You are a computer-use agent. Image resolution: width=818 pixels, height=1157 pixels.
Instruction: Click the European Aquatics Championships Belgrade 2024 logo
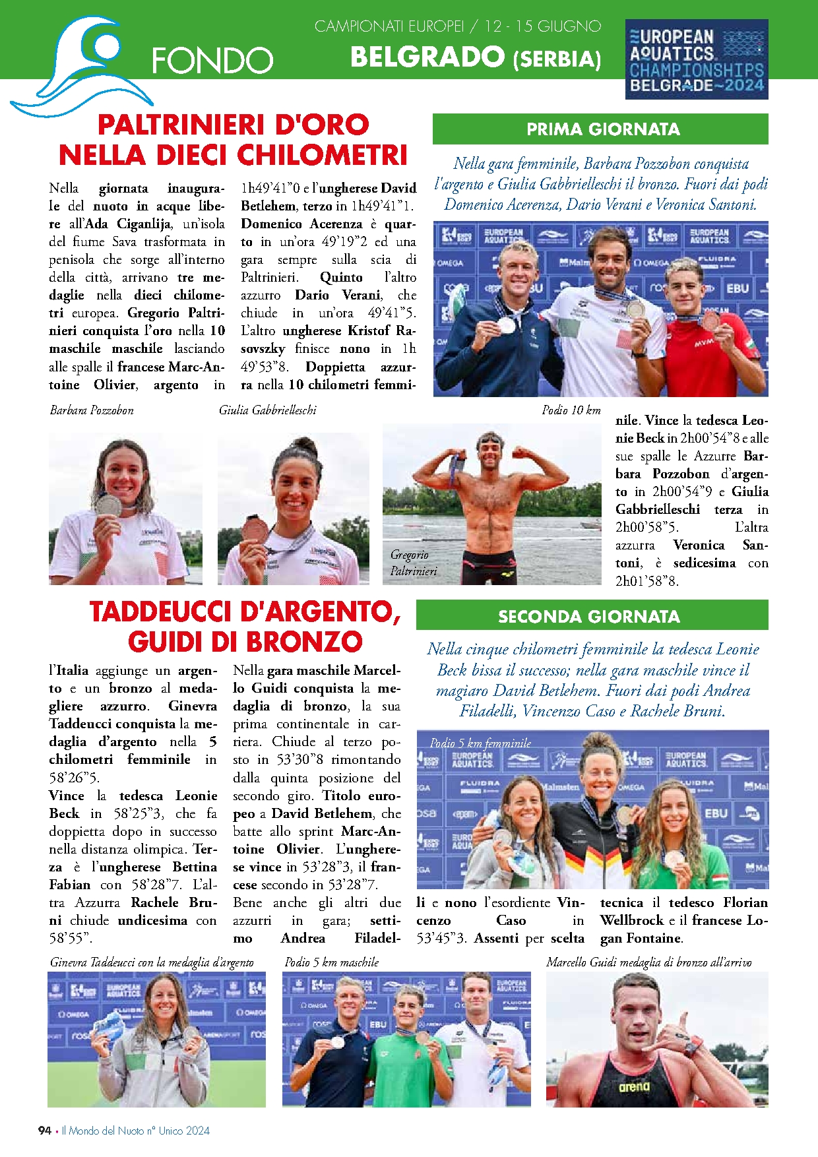click(697, 59)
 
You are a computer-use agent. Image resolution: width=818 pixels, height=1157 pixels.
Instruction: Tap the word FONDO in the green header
click(212, 61)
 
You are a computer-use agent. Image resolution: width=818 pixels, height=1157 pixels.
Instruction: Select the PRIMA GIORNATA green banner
click(600, 129)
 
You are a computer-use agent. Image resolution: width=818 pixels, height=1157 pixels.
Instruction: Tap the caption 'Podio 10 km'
click(571, 410)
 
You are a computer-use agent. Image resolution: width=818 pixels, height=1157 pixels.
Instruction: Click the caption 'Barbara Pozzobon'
click(92, 410)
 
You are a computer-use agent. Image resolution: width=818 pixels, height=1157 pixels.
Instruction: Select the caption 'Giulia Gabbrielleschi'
click(267, 410)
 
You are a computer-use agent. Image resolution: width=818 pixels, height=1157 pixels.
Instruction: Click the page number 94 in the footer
click(44, 1130)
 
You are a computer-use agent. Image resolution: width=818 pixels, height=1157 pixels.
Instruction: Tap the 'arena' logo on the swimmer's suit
click(634, 1087)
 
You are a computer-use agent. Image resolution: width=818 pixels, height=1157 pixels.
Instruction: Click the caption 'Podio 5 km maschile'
click(331, 962)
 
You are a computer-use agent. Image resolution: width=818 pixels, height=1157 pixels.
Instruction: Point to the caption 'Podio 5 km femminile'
click(480, 743)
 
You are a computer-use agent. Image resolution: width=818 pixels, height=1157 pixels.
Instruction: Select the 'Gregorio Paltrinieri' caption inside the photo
click(413, 563)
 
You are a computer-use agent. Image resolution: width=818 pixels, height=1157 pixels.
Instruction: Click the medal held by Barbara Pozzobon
click(108, 506)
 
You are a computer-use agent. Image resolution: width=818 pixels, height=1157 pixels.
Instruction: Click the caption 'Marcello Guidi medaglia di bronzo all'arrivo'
click(648, 962)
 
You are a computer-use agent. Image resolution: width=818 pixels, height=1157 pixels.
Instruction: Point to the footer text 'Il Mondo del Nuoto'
click(102, 1130)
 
